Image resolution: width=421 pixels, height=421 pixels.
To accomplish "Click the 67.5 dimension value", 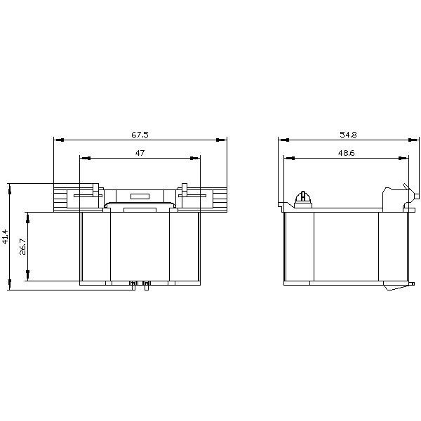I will (x=140, y=133).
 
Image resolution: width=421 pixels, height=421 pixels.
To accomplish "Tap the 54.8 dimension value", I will (x=345, y=133).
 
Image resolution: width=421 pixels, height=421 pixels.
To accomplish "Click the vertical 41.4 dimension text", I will (x=6, y=236).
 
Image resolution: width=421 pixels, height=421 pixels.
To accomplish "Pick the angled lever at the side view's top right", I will (x=406, y=189).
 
